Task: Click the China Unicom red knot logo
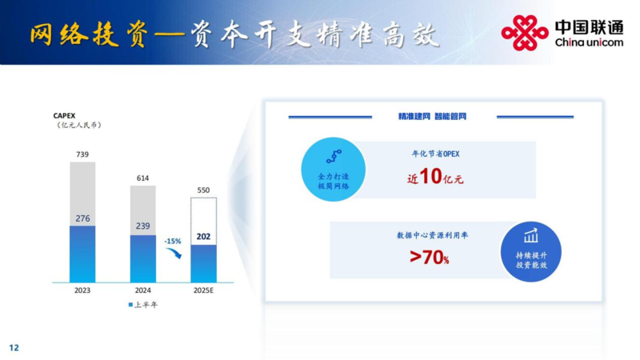click(x=525, y=33)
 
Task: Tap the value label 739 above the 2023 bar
click(x=82, y=154)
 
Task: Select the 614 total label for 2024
click(x=143, y=178)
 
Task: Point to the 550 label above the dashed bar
click(x=203, y=190)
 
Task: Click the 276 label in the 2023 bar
click(x=82, y=218)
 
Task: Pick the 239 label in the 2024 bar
click(x=143, y=226)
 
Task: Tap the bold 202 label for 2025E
click(x=203, y=236)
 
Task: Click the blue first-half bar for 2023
click(x=82, y=254)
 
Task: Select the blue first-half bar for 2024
click(x=143, y=258)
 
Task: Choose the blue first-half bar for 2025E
click(x=204, y=264)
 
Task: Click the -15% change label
click(x=173, y=242)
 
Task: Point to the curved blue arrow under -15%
click(x=174, y=254)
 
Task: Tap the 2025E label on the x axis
click(x=203, y=290)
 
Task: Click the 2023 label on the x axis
click(x=82, y=290)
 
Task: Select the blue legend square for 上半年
click(x=130, y=305)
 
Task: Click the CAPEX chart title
click(x=64, y=116)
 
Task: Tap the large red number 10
click(x=430, y=176)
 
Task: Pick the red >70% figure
click(x=429, y=257)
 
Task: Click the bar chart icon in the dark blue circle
click(x=531, y=235)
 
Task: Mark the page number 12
click(x=14, y=348)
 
